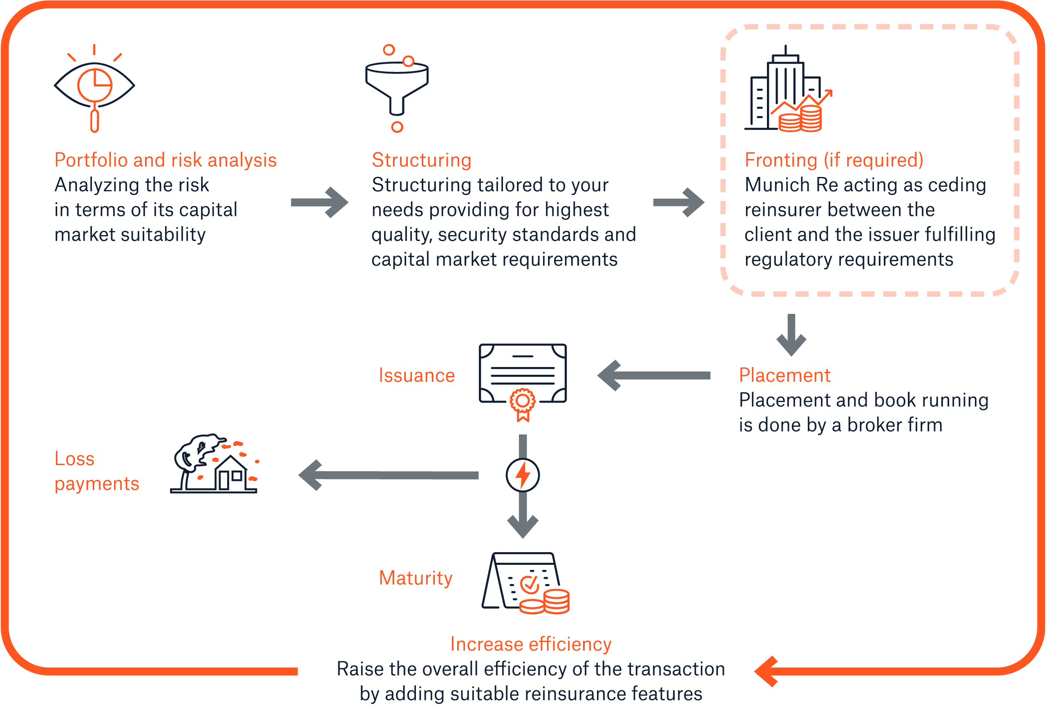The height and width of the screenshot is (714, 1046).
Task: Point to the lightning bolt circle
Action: (523, 475)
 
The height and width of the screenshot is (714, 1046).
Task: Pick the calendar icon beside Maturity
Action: (524, 583)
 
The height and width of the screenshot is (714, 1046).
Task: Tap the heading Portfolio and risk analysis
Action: (165, 160)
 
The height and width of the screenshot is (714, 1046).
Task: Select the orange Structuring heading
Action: (421, 160)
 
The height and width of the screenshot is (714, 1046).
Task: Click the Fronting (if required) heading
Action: (834, 160)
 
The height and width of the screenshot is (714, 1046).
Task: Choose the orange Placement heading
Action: (784, 376)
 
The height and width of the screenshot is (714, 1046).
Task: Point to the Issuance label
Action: (417, 376)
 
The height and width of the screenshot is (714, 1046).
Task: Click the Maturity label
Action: (416, 578)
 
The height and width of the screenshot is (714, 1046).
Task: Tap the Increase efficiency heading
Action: (531, 644)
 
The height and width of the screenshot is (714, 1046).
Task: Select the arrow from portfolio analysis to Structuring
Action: (320, 203)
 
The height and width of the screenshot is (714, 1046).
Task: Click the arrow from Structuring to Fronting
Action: (679, 203)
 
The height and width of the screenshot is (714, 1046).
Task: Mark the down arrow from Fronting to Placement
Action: (791, 335)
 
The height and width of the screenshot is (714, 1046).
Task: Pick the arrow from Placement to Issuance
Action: (653, 376)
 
